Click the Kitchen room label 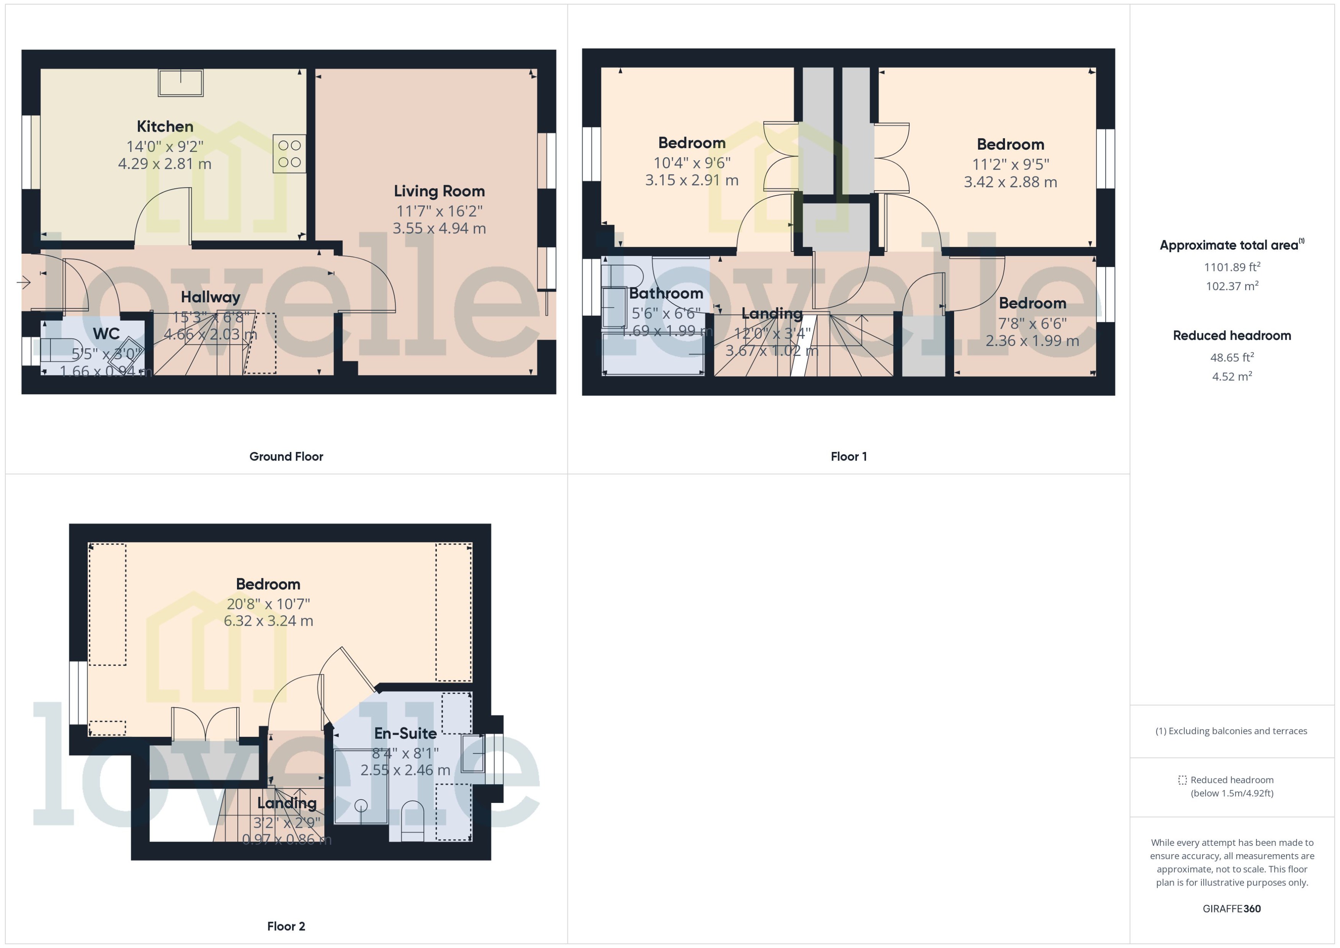[165, 127]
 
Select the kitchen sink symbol [180, 82]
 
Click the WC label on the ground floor [106, 334]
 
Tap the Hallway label [210, 297]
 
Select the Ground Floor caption [286, 457]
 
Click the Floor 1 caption [848, 457]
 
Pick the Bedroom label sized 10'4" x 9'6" [691, 143]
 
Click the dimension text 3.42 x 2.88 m [1010, 182]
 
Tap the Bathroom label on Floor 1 [666, 294]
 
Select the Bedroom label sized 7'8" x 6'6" [1032, 303]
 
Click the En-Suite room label [405, 734]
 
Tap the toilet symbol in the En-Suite [412, 817]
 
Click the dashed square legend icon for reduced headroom [1182, 780]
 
